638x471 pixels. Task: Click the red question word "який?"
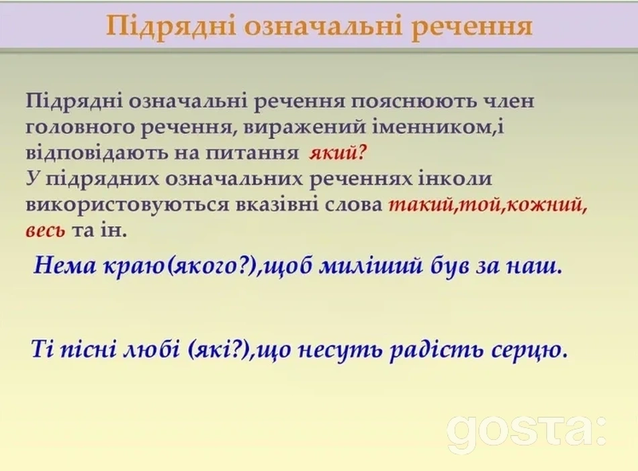[x=338, y=154]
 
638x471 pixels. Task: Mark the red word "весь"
[x=46, y=231]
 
